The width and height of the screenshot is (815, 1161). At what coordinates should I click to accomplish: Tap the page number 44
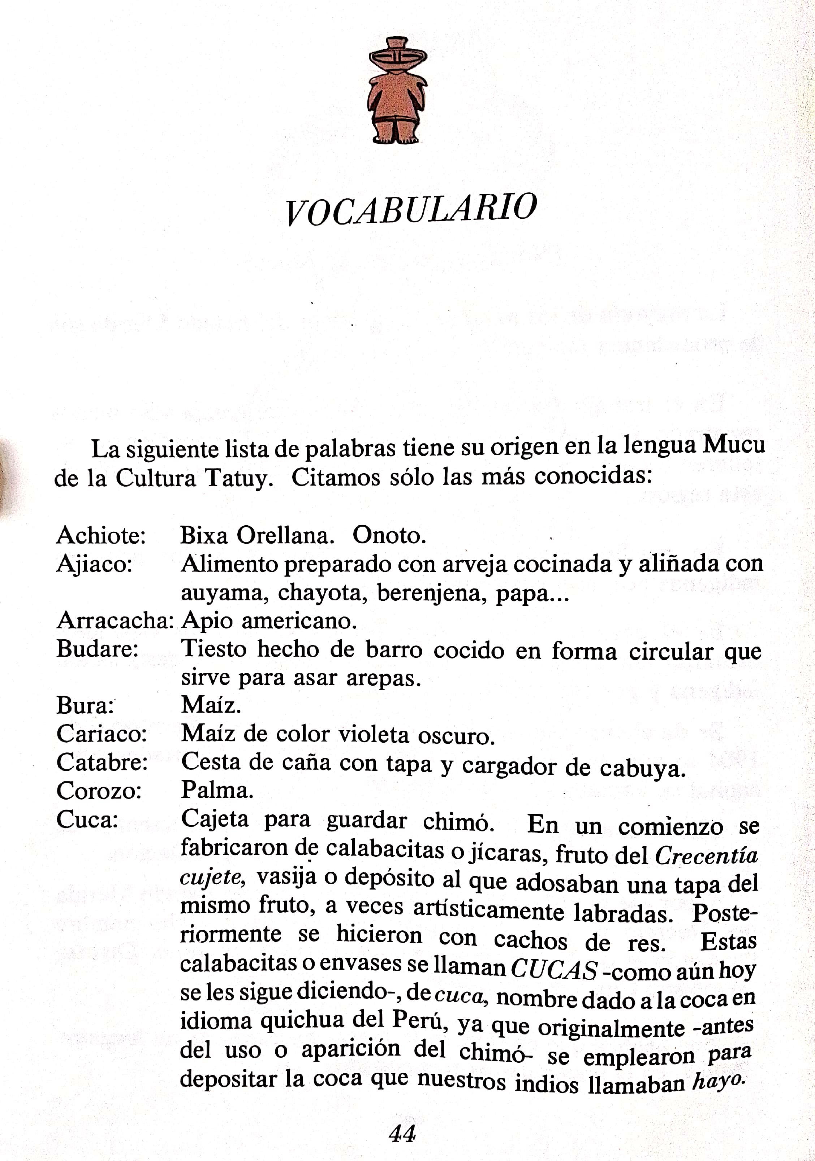pyautogui.click(x=402, y=1134)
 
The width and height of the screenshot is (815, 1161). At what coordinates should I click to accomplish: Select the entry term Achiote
pyautogui.click(x=101, y=535)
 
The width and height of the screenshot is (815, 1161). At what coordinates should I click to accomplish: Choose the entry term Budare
pyautogui.click(x=97, y=649)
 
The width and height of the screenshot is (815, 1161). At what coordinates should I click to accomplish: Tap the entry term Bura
pyautogui.click(x=85, y=705)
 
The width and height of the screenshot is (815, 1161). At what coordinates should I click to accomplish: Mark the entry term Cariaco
pyautogui.click(x=101, y=734)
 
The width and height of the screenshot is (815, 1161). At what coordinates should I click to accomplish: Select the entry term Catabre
pyautogui.click(x=102, y=762)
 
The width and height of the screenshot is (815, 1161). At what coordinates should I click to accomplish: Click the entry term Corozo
pyautogui.click(x=99, y=790)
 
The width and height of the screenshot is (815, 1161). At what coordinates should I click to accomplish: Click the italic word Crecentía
pyautogui.click(x=706, y=856)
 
